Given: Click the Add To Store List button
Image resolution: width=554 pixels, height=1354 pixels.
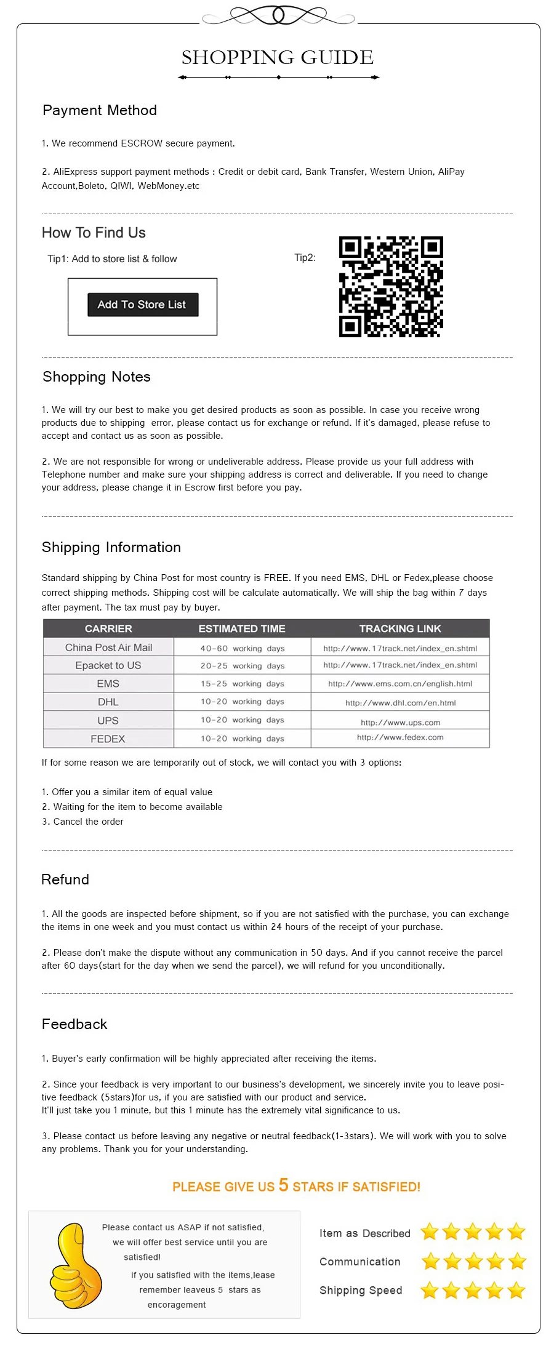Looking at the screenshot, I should click(143, 305).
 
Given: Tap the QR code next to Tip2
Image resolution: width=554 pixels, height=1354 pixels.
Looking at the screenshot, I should click(391, 287).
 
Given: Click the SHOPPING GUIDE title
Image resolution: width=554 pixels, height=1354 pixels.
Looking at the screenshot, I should click(277, 58).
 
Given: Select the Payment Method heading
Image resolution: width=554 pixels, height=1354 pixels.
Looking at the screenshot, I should click(100, 111).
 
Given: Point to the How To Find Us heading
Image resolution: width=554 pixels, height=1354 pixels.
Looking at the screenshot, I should click(94, 233).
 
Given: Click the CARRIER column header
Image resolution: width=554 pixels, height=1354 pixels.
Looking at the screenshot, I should click(108, 628).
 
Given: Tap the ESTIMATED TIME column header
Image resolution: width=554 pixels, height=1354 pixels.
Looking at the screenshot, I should click(241, 628).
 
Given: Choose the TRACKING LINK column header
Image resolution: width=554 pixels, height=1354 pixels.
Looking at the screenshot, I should click(400, 628).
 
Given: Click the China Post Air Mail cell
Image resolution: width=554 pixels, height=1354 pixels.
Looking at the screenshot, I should click(108, 647).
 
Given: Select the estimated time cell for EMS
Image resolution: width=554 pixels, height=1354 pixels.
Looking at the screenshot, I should click(242, 684).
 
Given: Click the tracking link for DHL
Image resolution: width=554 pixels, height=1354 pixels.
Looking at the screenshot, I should click(400, 703).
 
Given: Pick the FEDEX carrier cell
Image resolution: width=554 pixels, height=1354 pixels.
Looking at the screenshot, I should click(108, 739).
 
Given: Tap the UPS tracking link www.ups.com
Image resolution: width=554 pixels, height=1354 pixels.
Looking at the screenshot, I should click(400, 723).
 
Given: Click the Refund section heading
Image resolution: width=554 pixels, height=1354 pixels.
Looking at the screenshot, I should click(65, 879).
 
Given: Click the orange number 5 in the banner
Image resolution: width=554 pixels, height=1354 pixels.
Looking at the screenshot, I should click(283, 1185).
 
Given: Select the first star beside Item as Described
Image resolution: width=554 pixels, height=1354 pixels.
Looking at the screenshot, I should click(430, 1232).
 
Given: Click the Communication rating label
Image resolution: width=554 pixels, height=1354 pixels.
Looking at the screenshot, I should click(359, 1262).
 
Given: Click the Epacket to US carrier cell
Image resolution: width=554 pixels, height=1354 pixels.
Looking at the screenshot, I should click(108, 665).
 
